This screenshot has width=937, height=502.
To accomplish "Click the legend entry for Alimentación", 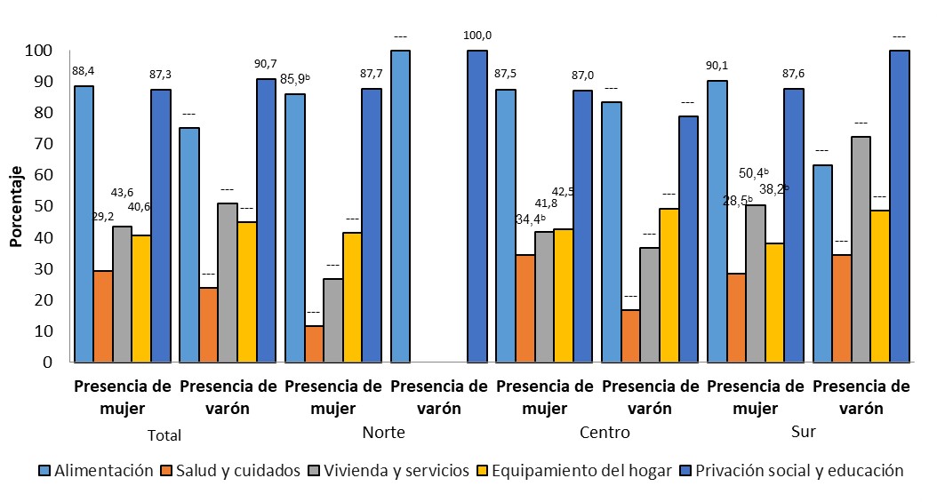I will (x=103, y=471).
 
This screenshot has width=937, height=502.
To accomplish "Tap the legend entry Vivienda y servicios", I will (x=397, y=471).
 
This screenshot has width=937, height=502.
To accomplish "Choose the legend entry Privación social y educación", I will (x=798, y=471).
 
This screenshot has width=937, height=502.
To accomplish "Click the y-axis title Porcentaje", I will (x=16, y=206).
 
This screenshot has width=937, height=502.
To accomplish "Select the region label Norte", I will (x=384, y=433).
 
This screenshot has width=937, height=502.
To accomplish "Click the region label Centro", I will (x=605, y=433).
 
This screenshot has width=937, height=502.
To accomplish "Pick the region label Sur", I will (x=804, y=433).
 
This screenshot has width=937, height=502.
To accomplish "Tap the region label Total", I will (x=163, y=435).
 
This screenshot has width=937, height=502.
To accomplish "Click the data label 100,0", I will (x=477, y=36).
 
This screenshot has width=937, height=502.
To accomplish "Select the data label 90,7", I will (x=266, y=63).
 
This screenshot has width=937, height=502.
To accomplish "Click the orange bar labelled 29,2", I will (x=103, y=316).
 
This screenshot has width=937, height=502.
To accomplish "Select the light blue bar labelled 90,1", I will (x=717, y=221).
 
